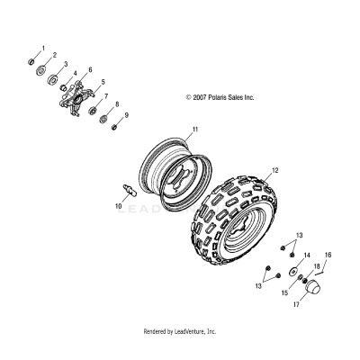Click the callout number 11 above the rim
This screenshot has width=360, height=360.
click(192, 130)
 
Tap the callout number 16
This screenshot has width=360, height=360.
click(328, 255)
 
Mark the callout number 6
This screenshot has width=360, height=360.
click(89, 68)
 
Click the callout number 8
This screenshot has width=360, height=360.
click(115, 104)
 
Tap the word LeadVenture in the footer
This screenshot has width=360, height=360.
click(196, 331)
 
